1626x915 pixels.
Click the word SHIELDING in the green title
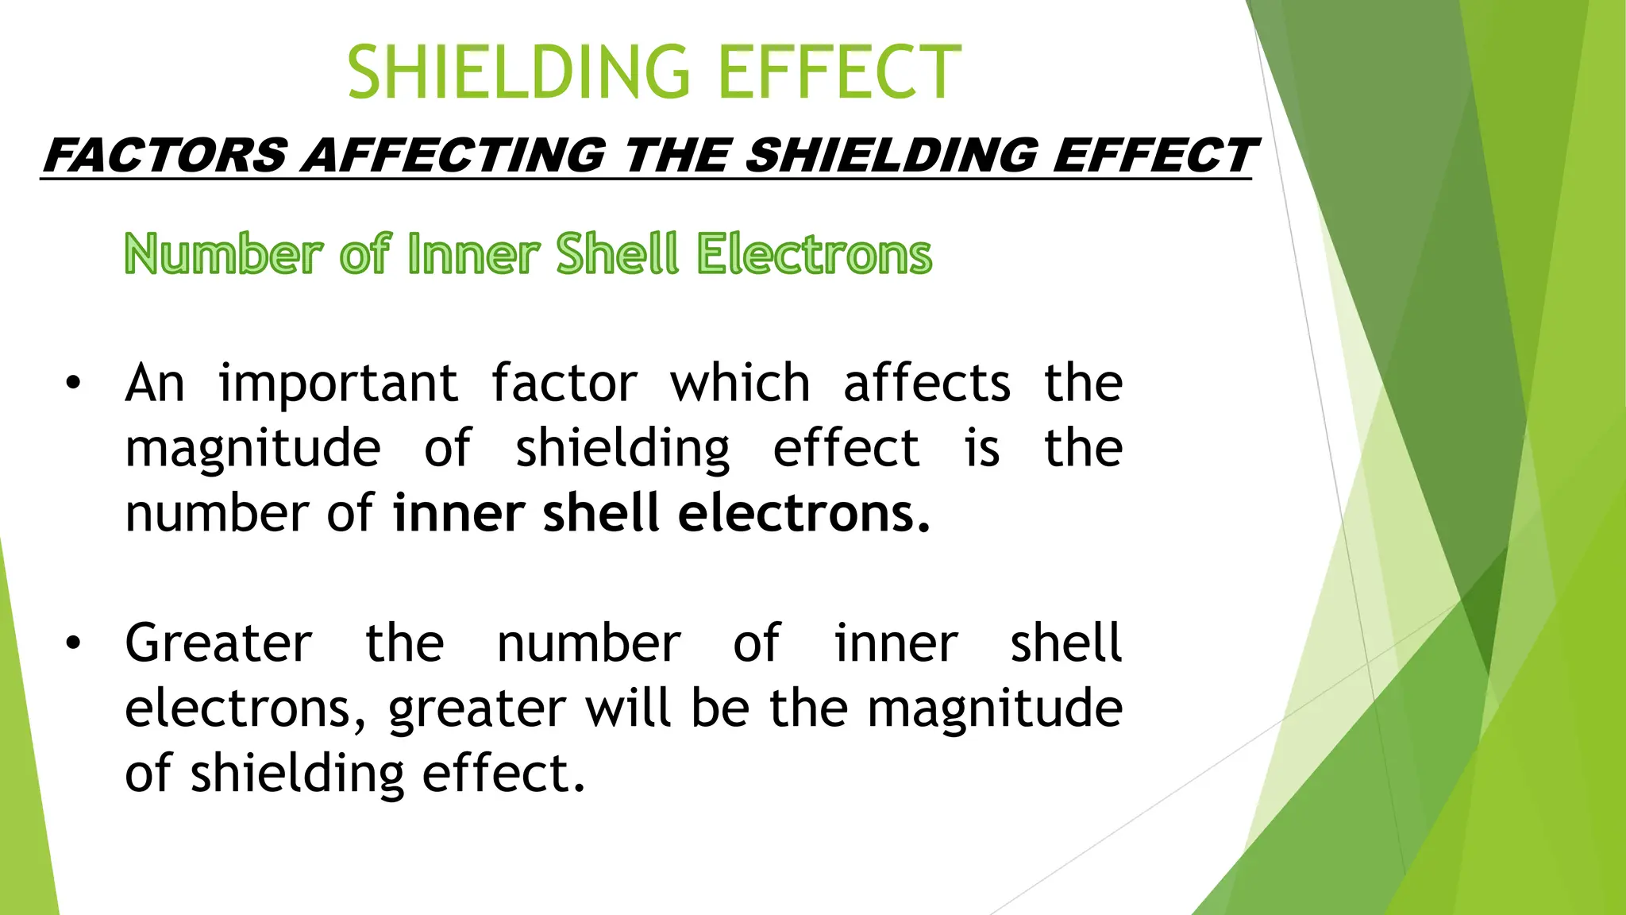519,72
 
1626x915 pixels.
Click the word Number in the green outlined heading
223,254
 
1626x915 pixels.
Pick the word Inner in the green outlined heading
473,254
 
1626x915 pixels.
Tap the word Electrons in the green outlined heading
814,254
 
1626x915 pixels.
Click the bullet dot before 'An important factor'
73,384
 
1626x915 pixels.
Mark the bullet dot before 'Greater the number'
73,643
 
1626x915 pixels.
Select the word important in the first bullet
338,384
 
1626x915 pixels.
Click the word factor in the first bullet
564,384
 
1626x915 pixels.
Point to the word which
740,384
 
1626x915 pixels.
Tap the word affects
927,384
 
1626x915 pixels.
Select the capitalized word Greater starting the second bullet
218,643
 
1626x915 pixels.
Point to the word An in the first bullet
155,384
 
